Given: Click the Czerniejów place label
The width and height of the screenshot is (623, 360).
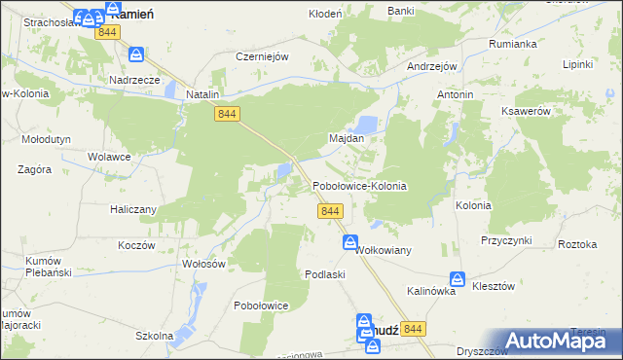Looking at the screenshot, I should [x=263, y=56].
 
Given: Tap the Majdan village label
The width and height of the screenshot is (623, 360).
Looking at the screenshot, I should [x=347, y=138].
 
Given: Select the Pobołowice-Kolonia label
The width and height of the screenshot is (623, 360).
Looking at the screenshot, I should [x=358, y=185].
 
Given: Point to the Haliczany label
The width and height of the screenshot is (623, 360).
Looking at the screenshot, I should [x=132, y=208].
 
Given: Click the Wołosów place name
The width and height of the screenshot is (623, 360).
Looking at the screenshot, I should [x=203, y=264].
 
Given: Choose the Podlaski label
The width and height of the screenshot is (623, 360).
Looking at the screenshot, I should [x=325, y=274].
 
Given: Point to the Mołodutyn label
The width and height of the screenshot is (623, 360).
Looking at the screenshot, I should [x=46, y=139].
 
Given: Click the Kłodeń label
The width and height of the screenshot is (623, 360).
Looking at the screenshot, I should [x=325, y=14].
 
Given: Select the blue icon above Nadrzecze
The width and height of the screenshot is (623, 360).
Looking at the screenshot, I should [x=136, y=56].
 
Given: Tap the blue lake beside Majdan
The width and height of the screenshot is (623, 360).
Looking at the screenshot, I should [x=367, y=125].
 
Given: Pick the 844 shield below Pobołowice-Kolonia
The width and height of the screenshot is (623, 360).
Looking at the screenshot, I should [x=329, y=211].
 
